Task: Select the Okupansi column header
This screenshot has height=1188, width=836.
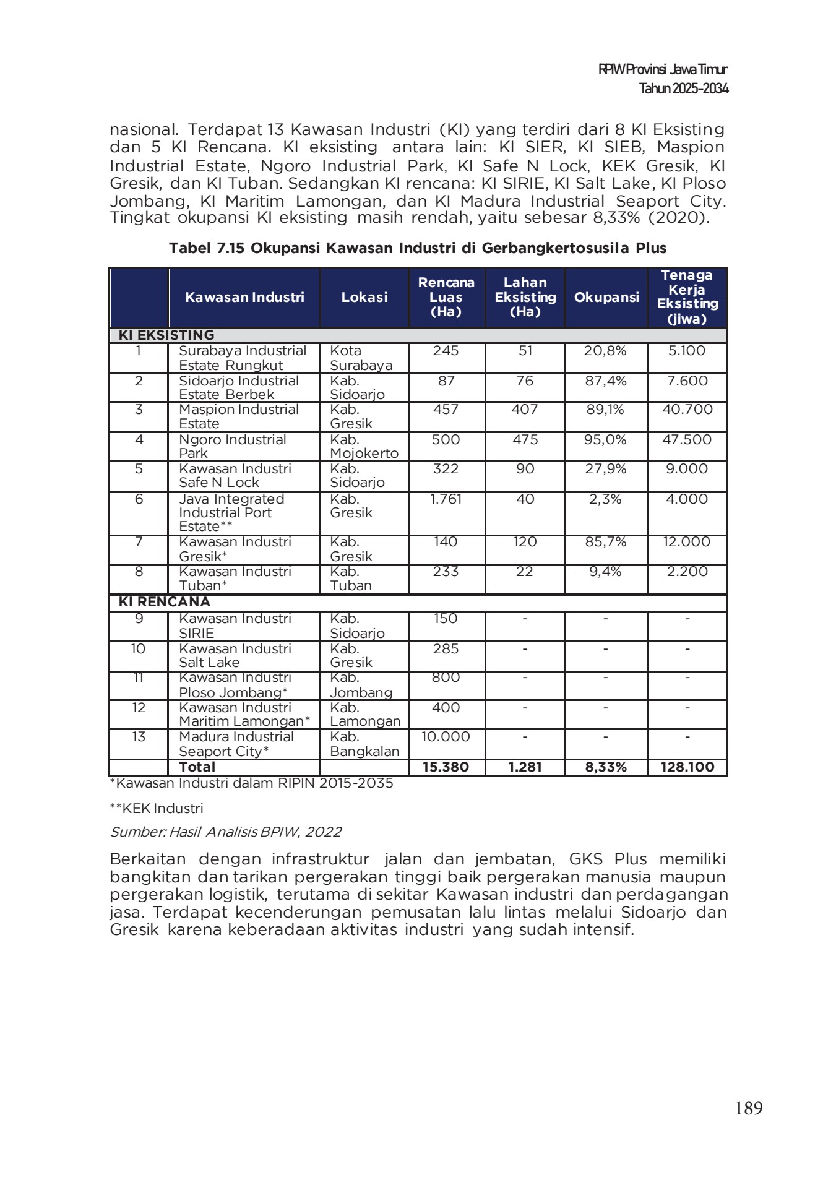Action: point(606,298)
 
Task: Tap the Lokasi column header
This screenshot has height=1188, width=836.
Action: point(364,298)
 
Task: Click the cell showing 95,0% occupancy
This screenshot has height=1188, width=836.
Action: point(606,440)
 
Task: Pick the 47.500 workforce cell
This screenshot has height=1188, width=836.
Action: point(687,440)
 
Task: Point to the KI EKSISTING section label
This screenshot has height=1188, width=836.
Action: point(166,335)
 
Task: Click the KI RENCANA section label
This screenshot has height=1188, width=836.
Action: point(165,602)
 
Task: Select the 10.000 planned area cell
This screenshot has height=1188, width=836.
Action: point(446,737)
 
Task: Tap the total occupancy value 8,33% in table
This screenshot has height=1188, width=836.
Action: point(606,767)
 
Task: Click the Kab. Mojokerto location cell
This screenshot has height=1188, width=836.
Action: point(364,446)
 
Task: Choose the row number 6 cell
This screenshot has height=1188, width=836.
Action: point(139,499)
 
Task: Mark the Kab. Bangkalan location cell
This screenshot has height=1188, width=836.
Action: point(364,744)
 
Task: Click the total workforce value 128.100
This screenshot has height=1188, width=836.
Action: point(687,767)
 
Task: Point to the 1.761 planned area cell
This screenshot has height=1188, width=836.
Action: point(446,499)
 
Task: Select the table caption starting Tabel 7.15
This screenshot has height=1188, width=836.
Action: point(418,248)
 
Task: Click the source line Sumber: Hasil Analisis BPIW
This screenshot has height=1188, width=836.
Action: point(225,832)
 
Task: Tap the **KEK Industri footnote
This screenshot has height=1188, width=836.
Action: point(157,808)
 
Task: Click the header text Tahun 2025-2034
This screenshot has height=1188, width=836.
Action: point(683,89)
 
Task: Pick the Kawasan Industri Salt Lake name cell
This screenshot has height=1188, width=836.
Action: point(235,655)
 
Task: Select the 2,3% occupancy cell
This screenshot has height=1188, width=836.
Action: point(606,499)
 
